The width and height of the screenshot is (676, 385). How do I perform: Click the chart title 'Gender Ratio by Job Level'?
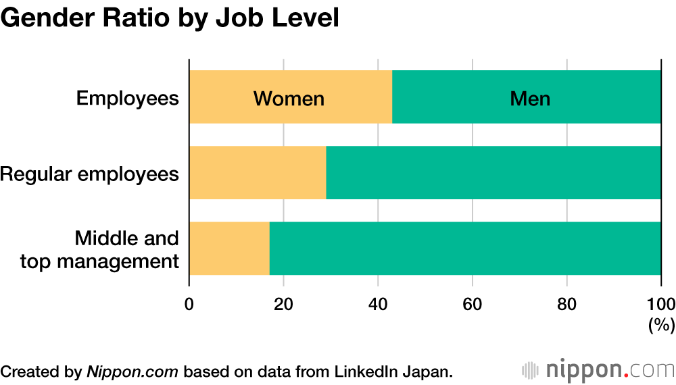tap(169, 18)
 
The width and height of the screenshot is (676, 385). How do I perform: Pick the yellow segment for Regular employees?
tap(257, 173)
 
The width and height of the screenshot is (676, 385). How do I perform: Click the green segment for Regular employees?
tap(493, 173)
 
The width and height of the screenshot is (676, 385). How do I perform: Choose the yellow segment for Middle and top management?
tap(229, 249)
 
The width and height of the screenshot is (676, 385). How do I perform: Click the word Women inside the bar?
tap(289, 99)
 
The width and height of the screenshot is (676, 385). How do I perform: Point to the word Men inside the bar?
tap(530, 99)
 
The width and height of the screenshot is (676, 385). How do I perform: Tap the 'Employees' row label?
tap(127, 99)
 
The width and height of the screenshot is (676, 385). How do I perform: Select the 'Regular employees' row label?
tap(90, 174)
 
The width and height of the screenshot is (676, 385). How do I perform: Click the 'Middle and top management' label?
tap(100, 249)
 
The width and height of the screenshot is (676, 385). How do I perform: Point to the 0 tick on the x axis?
tap(189, 303)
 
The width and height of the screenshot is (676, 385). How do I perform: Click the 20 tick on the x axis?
tap(283, 303)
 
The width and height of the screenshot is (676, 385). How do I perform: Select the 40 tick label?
tap(378, 303)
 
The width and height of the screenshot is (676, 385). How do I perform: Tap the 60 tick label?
tap(472, 303)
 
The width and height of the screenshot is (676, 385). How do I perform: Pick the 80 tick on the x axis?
tap(566, 303)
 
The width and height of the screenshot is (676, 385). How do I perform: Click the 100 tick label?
tap(660, 303)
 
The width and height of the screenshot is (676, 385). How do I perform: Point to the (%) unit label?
tap(661, 325)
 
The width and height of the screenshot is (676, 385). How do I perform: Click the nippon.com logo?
tap(598, 370)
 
